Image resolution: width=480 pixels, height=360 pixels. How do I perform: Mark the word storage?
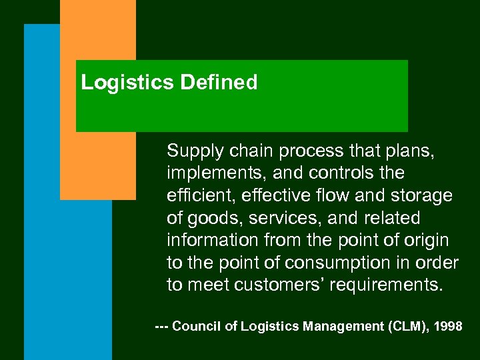click(x=421, y=195)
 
